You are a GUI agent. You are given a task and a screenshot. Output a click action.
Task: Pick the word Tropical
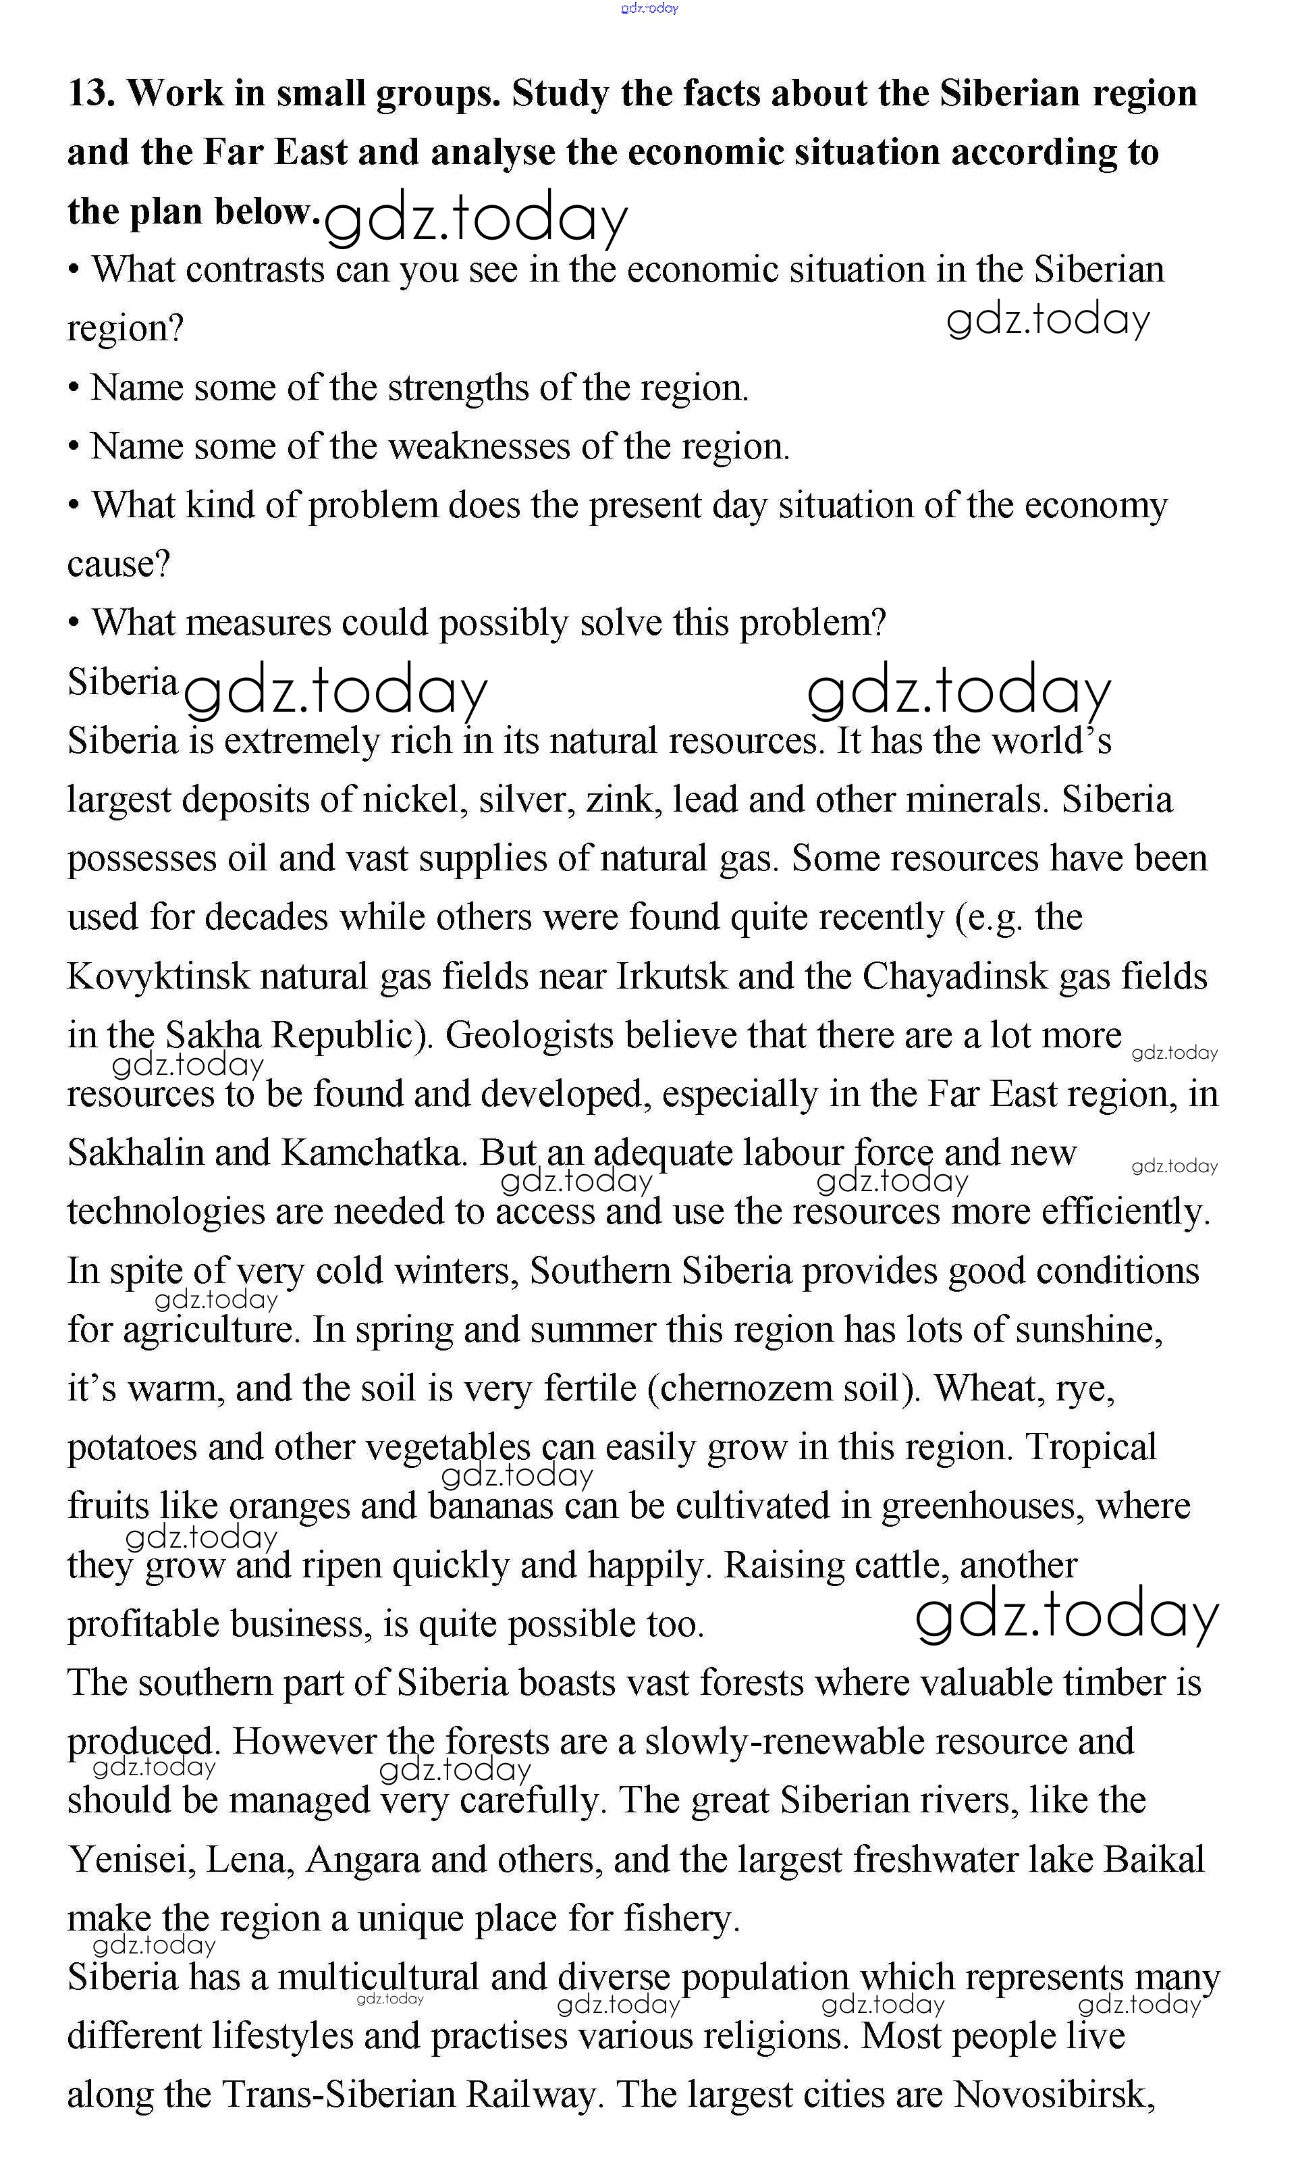1091,1447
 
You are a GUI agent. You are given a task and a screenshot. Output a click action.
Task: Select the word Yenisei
131,1860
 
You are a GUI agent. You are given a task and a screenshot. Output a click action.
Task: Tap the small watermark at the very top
649,9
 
